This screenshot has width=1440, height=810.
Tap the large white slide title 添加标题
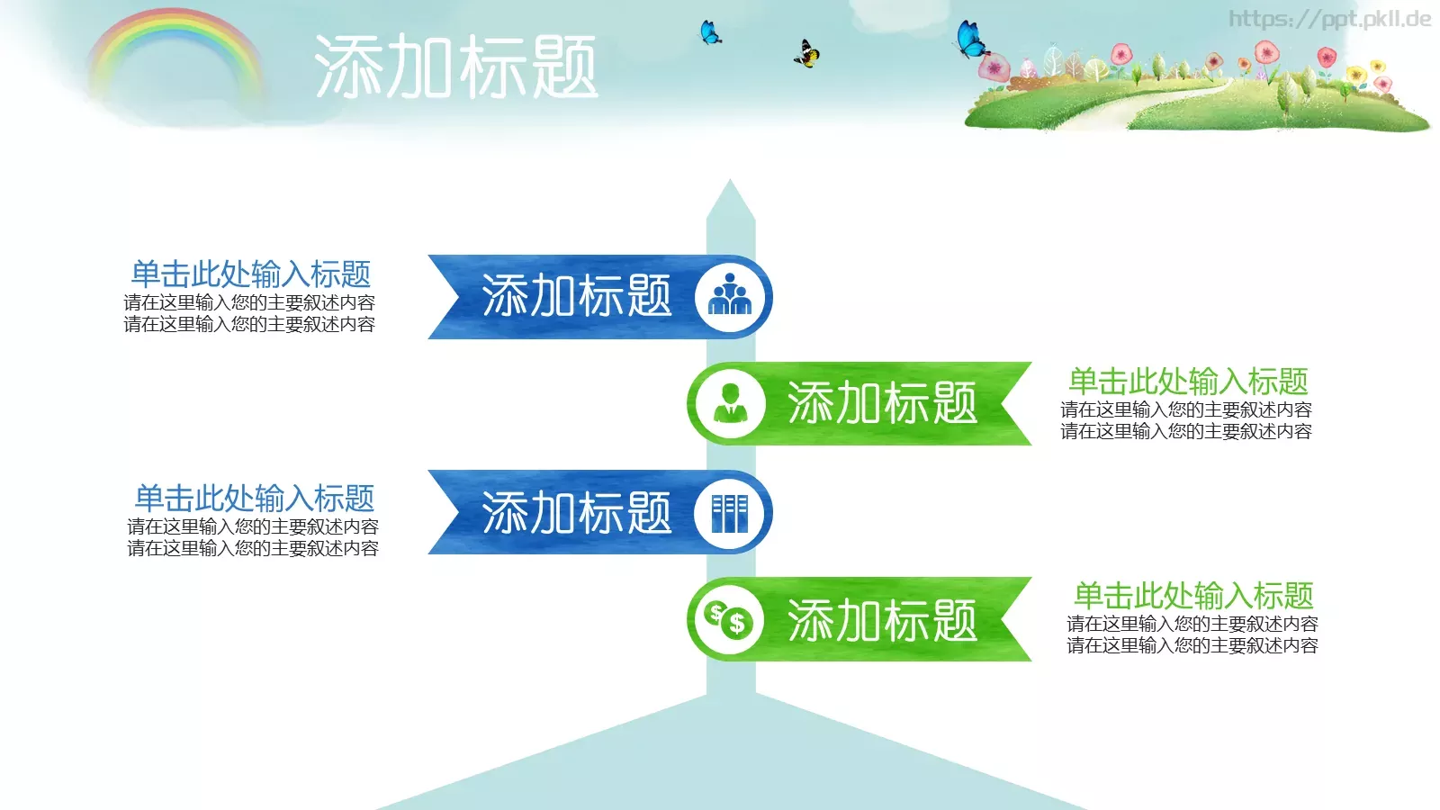455,67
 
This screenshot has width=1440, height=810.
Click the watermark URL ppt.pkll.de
1329,19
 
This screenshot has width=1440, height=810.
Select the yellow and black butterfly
807,54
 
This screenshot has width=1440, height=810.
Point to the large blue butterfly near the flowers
969,40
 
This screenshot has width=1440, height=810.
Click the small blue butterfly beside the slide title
710,33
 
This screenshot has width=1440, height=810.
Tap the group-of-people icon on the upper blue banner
730,296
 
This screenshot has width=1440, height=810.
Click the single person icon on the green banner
730,403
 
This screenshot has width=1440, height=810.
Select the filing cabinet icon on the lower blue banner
730,512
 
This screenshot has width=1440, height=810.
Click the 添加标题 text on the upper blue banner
577,296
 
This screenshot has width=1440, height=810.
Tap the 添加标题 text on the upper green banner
882,403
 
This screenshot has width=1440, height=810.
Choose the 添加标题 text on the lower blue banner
577,512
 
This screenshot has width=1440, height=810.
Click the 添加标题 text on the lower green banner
882,620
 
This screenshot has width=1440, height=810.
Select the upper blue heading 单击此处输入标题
251,274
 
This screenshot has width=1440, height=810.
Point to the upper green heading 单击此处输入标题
1188,381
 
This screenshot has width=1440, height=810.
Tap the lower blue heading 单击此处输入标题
254,498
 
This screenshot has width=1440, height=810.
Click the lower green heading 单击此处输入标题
1193,595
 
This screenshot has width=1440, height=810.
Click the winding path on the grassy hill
1170,101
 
